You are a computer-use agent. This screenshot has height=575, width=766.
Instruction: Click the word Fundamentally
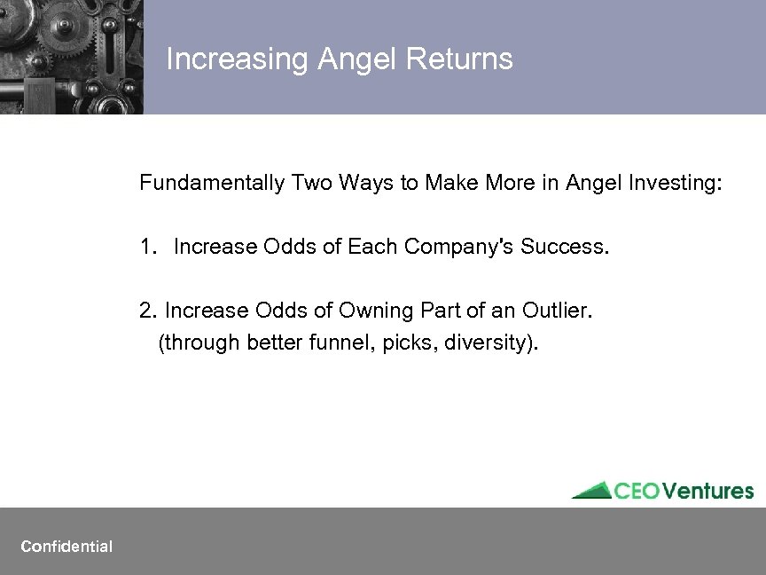(x=211, y=184)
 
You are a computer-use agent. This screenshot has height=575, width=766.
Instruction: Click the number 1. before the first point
(x=147, y=247)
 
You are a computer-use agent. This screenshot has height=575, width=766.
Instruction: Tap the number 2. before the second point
(x=147, y=311)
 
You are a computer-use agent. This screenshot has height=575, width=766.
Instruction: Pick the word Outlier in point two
(x=557, y=311)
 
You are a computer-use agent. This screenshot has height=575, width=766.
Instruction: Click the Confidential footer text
(x=66, y=547)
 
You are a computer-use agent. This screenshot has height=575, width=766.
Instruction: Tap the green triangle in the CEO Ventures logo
(x=591, y=491)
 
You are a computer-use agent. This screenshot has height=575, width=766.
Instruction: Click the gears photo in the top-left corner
(x=71, y=56)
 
